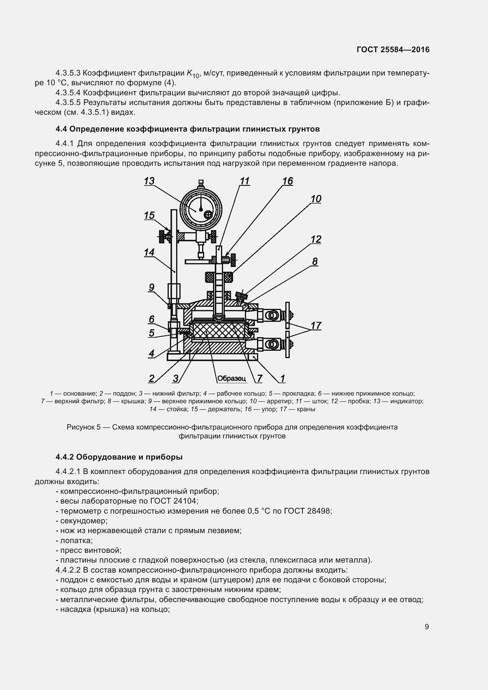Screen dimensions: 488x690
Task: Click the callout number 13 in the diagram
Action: coord(149,181)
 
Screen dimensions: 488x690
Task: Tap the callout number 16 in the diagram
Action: coord(287,181)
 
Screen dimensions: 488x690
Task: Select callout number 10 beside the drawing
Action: coord(316,199)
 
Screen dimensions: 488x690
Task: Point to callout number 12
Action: coord(316,240)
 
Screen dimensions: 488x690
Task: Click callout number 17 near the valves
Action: coord(316,325)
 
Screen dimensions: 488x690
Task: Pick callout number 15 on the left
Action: coord(149,215)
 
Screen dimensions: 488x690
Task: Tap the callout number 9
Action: coord(151,288)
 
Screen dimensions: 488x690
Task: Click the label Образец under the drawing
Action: coord(231,378)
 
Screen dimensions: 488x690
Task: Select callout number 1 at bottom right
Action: coord(282,379)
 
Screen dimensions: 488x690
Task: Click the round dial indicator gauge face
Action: coord(200,209)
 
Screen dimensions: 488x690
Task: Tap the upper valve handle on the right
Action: coord(288,315)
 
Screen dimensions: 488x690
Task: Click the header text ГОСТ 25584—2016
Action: coord(393,50)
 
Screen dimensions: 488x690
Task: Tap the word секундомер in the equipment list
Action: coord(84,520)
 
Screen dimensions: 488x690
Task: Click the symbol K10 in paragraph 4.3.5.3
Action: coord(193,74)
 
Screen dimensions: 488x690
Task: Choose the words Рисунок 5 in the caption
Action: coord(83,427)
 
